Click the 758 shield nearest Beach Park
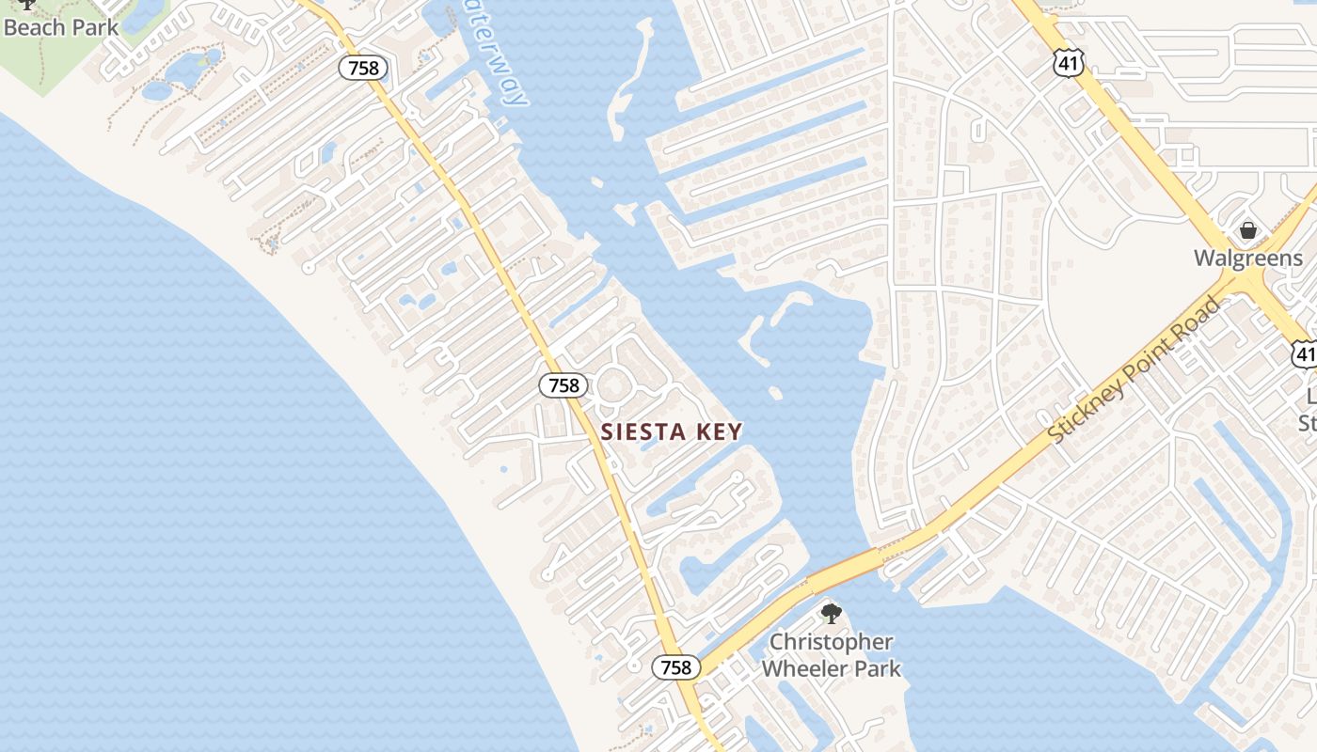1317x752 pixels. tap(363, 68)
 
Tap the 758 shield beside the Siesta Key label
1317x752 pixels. tap(563, 384)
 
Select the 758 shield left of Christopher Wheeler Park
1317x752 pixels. tap(676, 667)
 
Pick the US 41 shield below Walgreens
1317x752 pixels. tap(1304, 353)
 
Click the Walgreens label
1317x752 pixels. tap(1247, 258)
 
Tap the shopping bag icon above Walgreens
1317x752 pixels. tap(1247, 230)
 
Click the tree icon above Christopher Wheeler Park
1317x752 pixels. tap(831, 614)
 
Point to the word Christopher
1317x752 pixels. tap(831, 642)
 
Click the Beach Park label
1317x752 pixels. tap(62, 26)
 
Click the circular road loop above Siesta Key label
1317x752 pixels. tap(614, 385)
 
